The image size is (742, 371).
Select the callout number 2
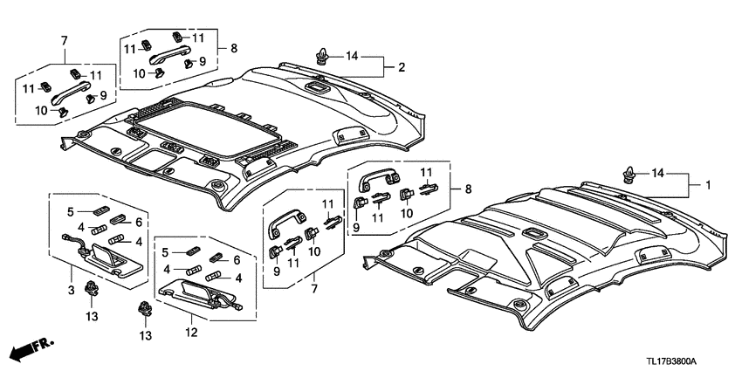click(402, 67)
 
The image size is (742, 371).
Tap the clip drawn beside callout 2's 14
click(323, 58)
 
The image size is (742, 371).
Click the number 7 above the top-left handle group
click(64, 41)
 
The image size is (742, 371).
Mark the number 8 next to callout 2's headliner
click(233, 48)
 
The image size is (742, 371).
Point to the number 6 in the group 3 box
click(137, 223)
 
